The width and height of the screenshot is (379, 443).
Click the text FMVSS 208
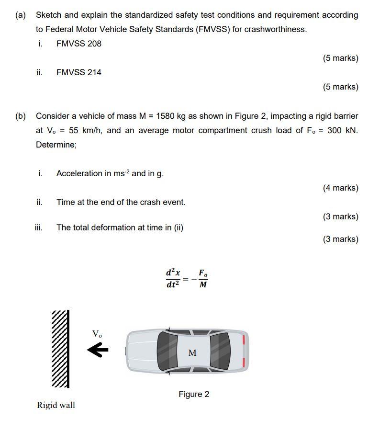(78, 44)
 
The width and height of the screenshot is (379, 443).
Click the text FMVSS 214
(78, 72)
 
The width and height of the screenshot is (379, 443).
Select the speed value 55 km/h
(81, 130)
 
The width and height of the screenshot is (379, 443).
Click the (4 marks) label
(340, 188)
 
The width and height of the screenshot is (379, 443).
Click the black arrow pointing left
(98, 351)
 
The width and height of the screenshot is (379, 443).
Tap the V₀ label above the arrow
(97, 334)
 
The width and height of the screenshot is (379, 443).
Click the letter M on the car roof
(192, 353)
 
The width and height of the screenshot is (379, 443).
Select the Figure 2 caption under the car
(194, 394)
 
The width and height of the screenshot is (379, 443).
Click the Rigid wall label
(56, 405)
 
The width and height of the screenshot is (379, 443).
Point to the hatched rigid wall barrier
(60, 349)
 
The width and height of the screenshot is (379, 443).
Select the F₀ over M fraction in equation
(203, 279)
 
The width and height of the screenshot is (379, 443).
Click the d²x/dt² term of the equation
(173, 279)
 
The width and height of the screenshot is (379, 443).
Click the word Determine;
(56, 145)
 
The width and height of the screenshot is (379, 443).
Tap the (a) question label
(21, 15)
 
